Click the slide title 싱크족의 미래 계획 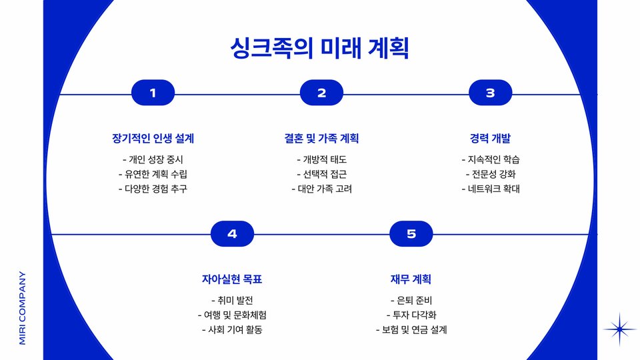tap(319, 48)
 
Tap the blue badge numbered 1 tap(153, 93)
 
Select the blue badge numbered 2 tap(321, 93)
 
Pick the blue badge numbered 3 tap(490, 93)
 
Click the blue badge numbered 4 tap(232, 234)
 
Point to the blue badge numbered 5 tap(411, 234)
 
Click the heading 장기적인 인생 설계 tap(153, 139)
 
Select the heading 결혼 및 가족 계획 tap(321, 139)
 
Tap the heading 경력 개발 tap(490, 139)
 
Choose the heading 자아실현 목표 tap(232, 279)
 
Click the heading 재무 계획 tap(411, 279)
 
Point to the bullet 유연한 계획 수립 tap(153, 174)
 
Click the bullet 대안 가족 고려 tap(321, 189)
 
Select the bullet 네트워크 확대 tap(490, 189)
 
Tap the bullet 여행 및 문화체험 tap(232, 315)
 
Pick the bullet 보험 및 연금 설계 tap(411, 329)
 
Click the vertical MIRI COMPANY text tap(23, 307)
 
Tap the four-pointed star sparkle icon tap(620, 329)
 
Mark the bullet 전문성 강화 tap(490, 174)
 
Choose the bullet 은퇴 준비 tap(411, 300)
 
